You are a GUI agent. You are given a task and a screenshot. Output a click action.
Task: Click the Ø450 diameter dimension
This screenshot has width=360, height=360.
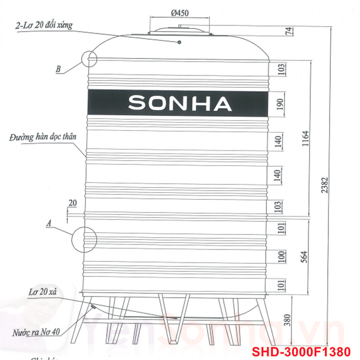tap(180, 13)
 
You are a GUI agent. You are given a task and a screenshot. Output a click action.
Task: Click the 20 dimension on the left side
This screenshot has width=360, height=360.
tap(72, 203)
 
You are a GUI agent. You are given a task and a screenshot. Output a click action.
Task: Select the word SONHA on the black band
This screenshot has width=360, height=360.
tap(180, 103)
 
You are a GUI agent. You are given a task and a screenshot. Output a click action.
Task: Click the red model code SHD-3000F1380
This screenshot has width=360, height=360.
tap(307, 351)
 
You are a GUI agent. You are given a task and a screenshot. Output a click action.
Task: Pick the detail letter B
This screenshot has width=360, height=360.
tap(58, 69)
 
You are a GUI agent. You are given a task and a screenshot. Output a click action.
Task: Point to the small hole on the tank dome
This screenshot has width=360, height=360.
tap(179, 42)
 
